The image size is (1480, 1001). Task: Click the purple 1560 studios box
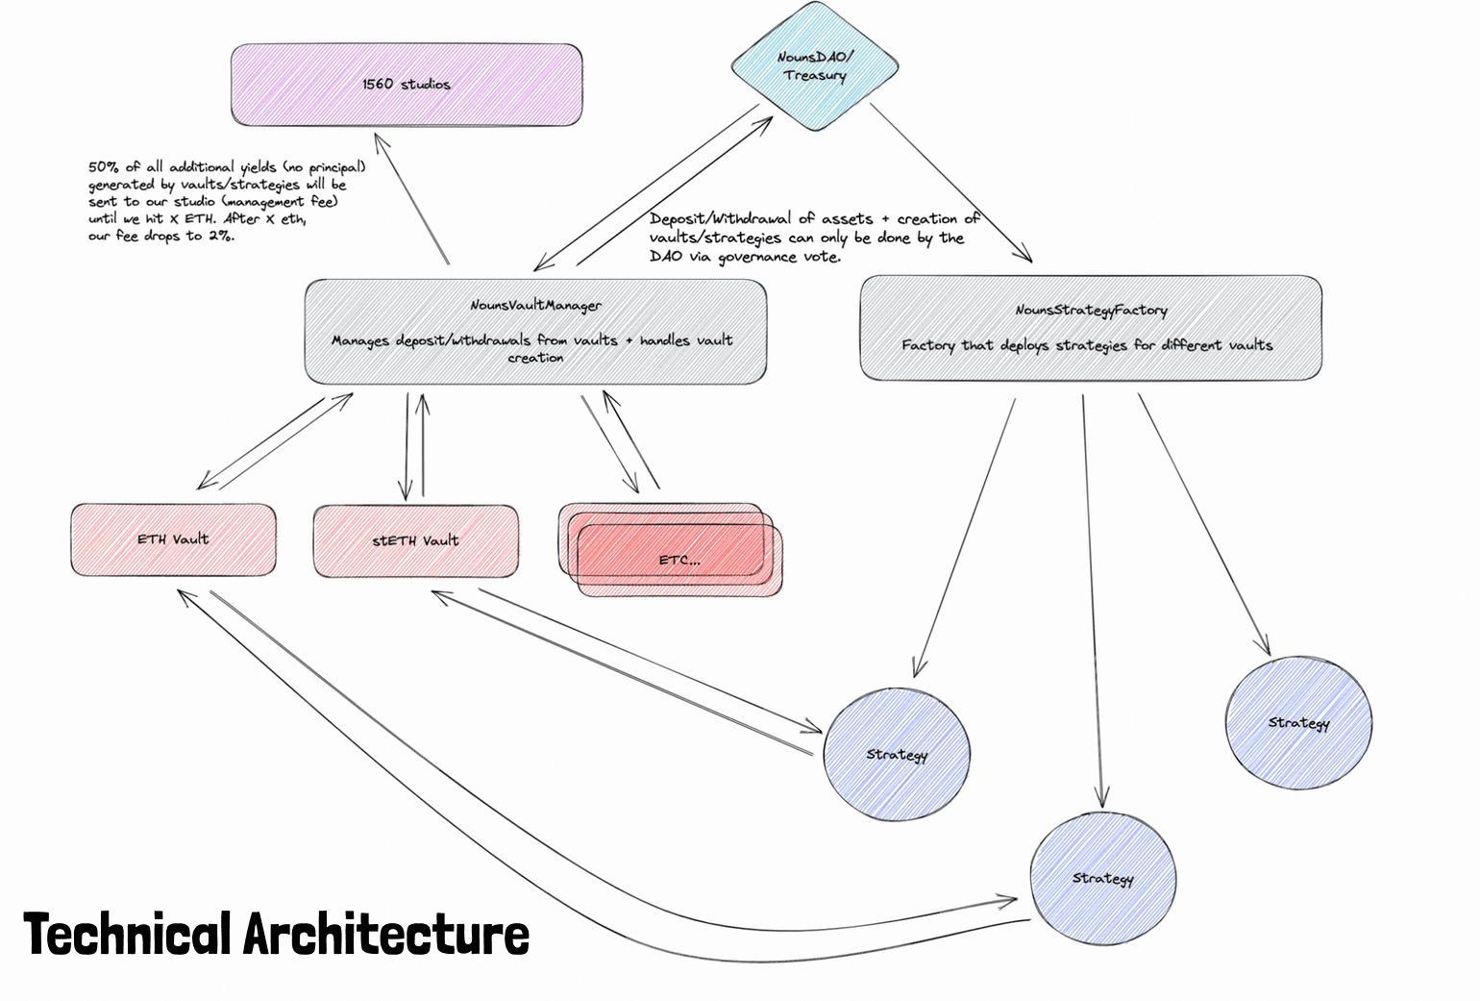coord(407,85)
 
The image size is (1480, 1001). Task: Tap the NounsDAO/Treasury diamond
coord(814,66)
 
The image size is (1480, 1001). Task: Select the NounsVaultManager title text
coord(535,306)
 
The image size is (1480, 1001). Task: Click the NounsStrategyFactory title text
coord(1091,311)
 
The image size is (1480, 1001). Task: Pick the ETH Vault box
coord(173,539)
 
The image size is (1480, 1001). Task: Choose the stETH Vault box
coord(415,541)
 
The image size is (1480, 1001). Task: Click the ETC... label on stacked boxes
coord(679,560)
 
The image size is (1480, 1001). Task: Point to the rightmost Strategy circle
coord(1298,723)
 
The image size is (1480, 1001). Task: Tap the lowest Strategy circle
coord(1102,879)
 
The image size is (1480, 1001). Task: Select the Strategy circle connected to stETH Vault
coord(897,755)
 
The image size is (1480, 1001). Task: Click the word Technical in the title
coord(127,935)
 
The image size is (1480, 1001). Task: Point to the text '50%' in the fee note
coord(102,166)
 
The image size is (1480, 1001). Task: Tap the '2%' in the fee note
coord(220,236)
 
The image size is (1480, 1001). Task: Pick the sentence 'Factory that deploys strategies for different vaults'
coord(1086,345)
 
